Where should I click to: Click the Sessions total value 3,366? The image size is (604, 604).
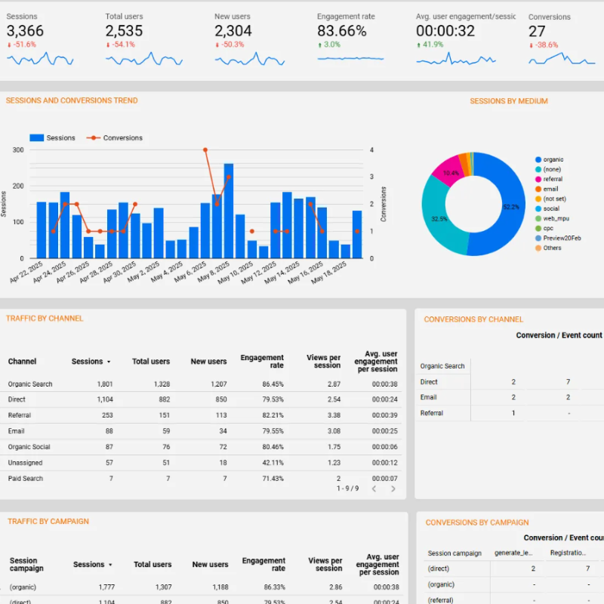click(x=26, y=31)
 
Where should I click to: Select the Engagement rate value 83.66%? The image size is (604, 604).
click(x=342, y=31)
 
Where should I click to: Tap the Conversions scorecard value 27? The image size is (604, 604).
click(x=537, y=31)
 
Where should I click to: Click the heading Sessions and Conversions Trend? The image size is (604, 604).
click(x=72, y=100)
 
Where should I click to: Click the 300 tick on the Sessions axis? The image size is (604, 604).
click(x=18, y=150)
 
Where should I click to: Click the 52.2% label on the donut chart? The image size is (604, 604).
click(x=511, y=206)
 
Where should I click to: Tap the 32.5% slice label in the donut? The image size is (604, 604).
click(x=439, y=219)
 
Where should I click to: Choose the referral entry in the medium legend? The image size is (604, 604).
click(x=553, y=179)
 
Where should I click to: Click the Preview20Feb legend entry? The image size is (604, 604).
click(x=562, y=238)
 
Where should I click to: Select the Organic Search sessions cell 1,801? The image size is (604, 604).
click(x=105, y=384)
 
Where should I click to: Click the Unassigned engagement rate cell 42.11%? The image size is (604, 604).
click(x=272, y=463)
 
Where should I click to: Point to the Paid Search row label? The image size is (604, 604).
click(x=26, y=479)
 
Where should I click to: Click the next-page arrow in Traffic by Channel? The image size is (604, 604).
click(x=393, y=489)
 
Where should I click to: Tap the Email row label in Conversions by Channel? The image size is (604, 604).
click(x=428, y=397)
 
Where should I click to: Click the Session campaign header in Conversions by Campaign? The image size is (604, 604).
click(x=455, y=553)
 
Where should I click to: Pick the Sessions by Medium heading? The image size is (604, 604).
click(x=508, y=101)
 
